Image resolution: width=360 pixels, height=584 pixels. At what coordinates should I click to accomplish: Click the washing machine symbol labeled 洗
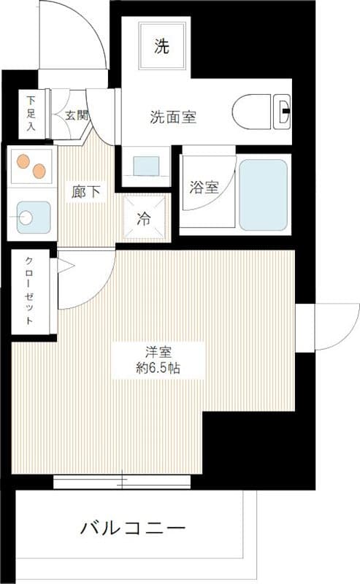(x=162, y=47)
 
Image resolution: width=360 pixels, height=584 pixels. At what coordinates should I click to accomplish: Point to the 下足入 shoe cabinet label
(x=31, y=112)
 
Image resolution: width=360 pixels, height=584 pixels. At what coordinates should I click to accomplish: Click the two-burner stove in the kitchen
(x=31, y=167)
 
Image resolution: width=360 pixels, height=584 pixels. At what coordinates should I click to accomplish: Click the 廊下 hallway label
(x=86, y=192)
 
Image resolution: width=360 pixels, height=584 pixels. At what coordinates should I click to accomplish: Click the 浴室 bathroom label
(x=204, y=187)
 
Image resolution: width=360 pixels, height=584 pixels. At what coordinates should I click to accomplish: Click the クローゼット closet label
(x=30, y=291)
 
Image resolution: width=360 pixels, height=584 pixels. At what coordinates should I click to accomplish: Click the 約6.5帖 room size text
(x=158, y=368)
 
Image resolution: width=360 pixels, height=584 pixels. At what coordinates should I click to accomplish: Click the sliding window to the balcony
(x=122, y=481)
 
